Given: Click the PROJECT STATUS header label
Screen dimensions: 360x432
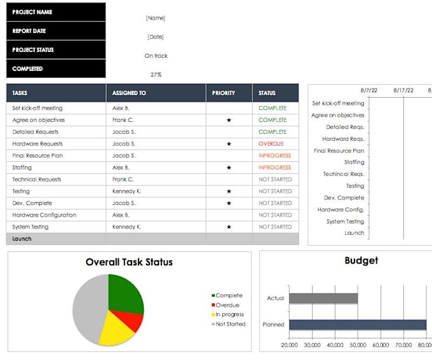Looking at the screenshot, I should [x=33, y=50].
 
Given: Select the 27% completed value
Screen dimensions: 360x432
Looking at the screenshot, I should [x=156, y=74].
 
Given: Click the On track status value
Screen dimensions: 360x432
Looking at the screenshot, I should [x=156, y=56].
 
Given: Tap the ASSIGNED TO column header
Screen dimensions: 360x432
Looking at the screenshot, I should [x=129, y=93].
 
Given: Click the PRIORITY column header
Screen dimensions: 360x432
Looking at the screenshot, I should [x=224, y=93].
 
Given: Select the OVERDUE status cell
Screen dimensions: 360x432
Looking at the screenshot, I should [x=271, y=144].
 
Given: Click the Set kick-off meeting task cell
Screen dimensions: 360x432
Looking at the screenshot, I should [x=37, y=108].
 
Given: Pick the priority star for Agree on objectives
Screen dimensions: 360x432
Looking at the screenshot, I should [x=229, y=120].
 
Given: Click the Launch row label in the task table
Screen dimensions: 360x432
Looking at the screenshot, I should [x=22, y=239].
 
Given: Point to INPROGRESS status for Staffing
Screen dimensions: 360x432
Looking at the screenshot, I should [x=274, y=168].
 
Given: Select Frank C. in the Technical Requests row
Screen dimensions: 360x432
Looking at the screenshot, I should [x=123, y=180].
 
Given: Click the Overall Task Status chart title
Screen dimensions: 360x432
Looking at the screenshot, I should [x=129, y=262].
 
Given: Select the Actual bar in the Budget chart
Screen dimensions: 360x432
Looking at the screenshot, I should [x=323, y=298].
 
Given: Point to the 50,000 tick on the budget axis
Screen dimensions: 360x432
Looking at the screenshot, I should [x=358, y=345].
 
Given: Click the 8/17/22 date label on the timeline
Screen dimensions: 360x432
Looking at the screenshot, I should [x=403, y=91].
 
